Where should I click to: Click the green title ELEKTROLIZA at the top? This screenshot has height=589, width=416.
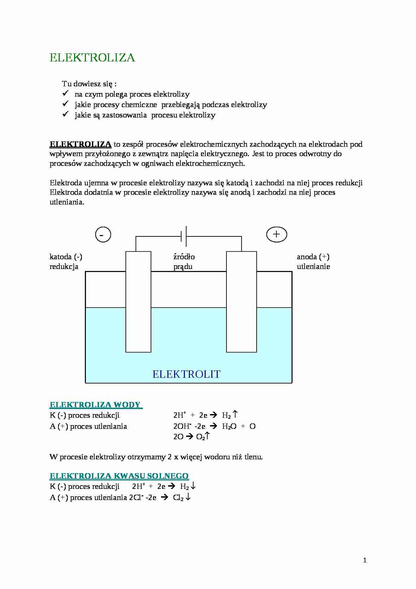[92, 58]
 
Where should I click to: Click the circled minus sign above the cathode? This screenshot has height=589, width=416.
[103, 234]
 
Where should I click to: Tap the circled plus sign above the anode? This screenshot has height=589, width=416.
[276, 234]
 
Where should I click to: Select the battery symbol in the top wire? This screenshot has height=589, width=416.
[184, 236]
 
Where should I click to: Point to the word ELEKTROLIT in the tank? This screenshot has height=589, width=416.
[186, 374]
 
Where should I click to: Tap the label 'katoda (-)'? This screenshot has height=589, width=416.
[66, 257]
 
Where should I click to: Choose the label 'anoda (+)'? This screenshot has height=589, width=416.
[313, 257]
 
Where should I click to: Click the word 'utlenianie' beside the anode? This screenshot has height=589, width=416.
[313, 267]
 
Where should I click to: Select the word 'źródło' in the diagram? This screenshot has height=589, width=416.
[184, 257]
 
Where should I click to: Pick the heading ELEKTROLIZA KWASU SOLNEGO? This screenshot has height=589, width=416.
[119, 476]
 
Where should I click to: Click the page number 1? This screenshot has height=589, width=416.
[365, 560]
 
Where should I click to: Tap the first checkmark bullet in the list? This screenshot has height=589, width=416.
[65, 94]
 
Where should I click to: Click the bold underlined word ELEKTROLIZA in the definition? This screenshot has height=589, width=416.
[81, 144]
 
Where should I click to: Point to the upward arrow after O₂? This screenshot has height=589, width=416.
[207, 436]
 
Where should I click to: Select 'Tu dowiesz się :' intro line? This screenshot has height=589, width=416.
[89, 84]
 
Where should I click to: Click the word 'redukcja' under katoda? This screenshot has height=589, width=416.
[64, 267]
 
